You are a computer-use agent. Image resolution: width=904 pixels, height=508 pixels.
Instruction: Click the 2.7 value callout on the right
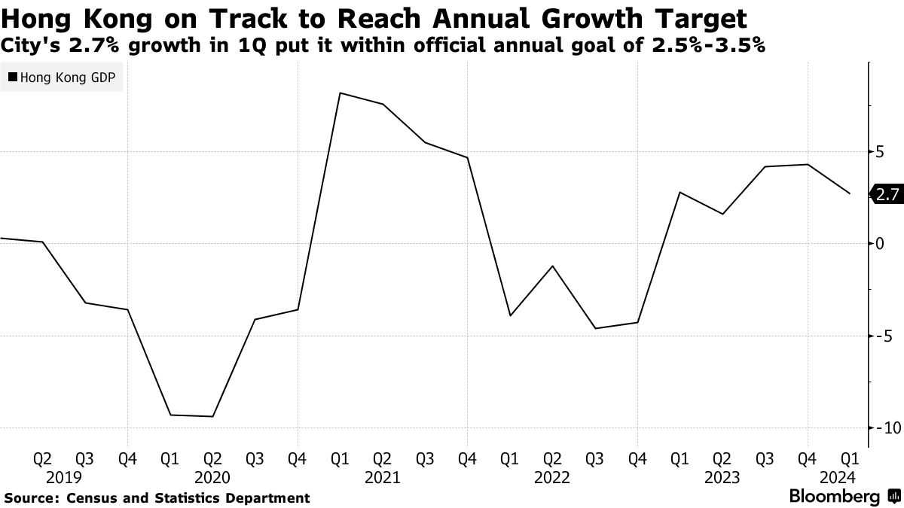click(x=887, y=194)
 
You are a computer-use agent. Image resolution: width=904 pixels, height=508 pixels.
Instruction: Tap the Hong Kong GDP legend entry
click(x=62, y=77)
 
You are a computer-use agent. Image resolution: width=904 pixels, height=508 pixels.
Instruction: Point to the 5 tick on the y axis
click(x=880, y=152)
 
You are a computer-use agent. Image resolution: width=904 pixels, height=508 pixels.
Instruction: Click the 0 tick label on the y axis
click(x=880, y=243)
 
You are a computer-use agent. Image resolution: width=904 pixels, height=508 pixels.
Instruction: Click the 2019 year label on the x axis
click(x=64, y=478)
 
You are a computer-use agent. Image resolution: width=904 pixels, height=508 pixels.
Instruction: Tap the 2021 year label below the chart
click(x=382, y=478)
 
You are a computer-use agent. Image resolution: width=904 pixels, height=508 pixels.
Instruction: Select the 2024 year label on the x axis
click(x=838, y=478)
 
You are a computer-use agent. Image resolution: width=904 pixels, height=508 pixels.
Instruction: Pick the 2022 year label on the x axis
click(x=552, y=478)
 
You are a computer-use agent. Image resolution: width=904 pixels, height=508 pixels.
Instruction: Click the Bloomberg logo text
click(x=835, y=496)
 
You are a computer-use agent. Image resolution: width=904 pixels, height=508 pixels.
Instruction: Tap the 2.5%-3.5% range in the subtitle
click(x=708, y=45)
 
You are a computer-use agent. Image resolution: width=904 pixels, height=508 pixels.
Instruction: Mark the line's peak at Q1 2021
click(x=340, y=93)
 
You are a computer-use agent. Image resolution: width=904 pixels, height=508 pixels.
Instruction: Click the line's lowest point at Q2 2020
click(x=212, y=416)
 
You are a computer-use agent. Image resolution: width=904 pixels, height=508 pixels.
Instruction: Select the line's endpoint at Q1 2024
click(x=850, y=193)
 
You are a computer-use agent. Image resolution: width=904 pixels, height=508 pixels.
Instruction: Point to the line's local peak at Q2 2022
click(x=552, y=266)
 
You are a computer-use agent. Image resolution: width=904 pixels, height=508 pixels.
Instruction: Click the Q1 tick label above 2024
click(x=850, y=459)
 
